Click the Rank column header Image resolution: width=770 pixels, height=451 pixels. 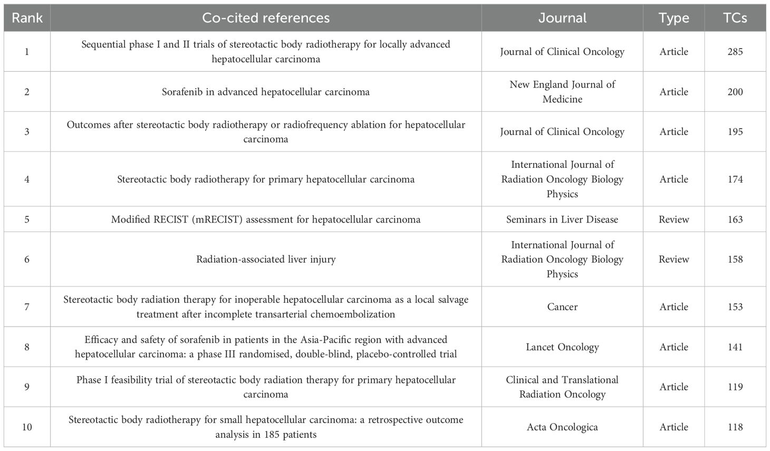(27, 18)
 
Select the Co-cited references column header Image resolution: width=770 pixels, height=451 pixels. (266, 18)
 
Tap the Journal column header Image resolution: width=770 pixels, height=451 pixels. (562, 18)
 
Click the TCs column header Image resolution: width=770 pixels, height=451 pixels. (735, 18)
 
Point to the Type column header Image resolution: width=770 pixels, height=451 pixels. (673, 18)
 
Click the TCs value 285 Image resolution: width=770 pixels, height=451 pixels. (735, 52)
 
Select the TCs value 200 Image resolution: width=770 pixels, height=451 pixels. (735, 92)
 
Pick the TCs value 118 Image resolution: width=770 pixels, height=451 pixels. (735, 427)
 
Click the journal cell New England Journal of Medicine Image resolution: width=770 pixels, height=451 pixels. (562, 92)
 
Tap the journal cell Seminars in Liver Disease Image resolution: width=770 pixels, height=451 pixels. (562, 219)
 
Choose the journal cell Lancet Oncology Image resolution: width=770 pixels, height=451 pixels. (562, 347)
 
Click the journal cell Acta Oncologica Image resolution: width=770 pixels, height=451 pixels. (562, 427)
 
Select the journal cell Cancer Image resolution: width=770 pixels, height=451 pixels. (562, 307)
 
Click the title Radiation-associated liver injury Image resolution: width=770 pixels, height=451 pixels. (266, 260)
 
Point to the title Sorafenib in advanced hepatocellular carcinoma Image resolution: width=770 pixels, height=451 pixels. (266, 92)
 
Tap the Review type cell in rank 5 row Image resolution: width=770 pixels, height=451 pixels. (673, 219)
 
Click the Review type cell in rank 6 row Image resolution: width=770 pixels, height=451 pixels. (673, 260)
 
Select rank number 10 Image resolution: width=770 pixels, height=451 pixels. (27, 427)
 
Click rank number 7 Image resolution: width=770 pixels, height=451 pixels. (27, 307)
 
